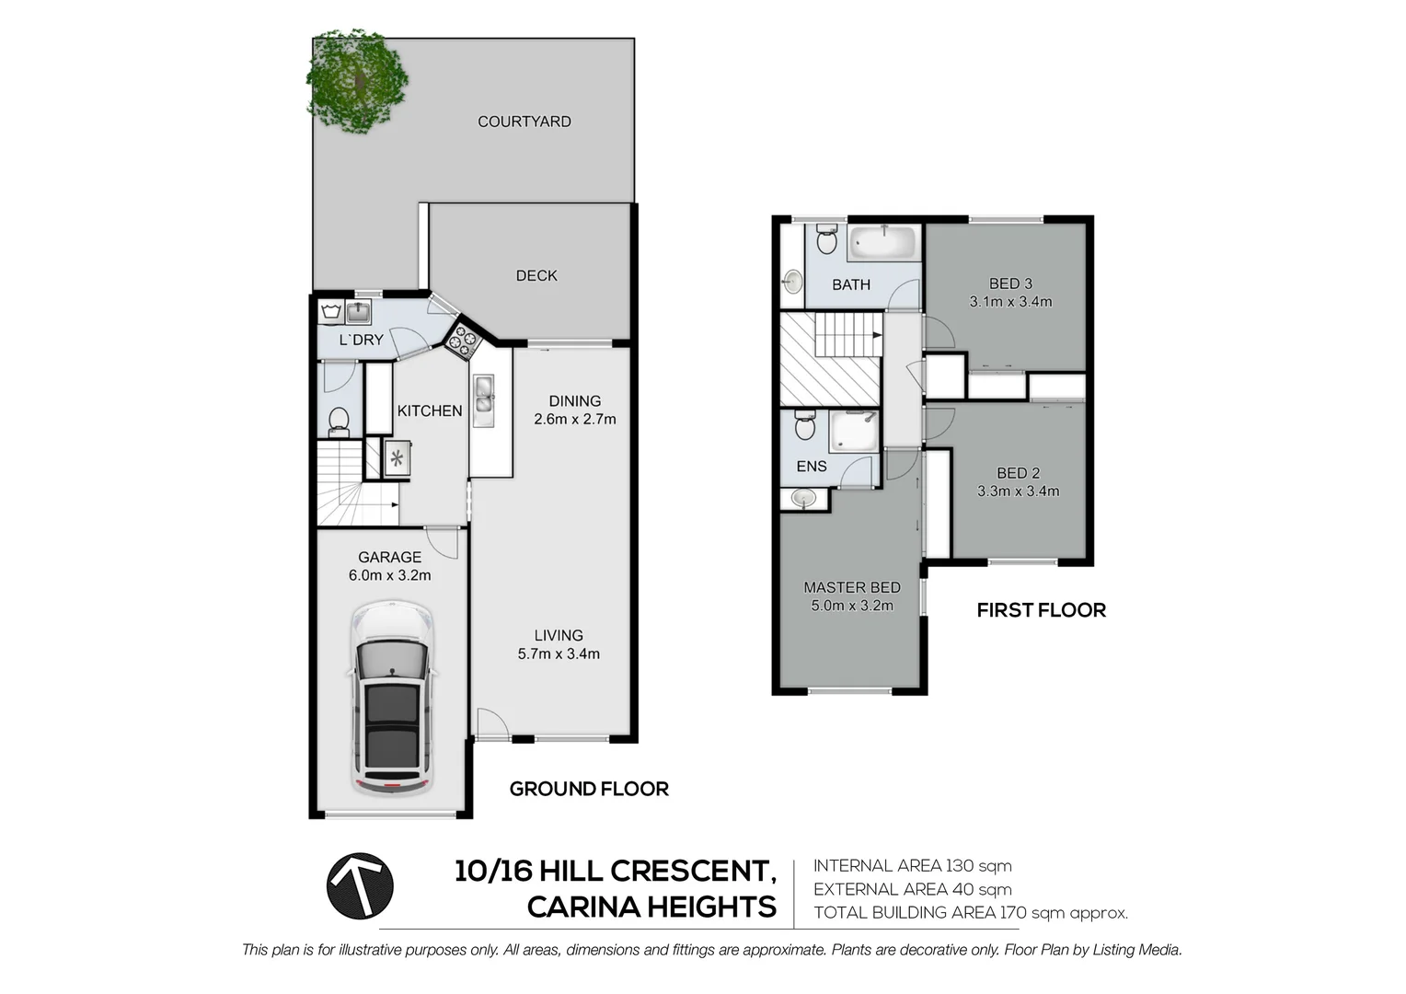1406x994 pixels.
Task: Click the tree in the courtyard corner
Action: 357,81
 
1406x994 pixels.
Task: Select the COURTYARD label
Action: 524,121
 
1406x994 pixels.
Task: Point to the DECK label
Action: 536,275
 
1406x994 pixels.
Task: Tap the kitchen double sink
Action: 484,400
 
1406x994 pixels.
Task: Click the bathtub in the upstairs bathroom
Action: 883,244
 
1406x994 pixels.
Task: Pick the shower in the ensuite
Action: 855,432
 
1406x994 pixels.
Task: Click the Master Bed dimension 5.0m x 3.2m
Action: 852,606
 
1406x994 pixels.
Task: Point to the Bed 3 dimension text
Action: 1010,301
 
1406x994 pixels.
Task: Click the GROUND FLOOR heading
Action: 589,789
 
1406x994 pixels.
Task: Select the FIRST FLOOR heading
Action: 1041,610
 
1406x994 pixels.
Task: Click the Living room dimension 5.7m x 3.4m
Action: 559,654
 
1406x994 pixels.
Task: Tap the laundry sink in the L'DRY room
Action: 357,313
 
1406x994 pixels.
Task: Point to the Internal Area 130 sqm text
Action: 912,866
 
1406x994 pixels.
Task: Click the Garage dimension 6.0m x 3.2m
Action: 389,576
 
